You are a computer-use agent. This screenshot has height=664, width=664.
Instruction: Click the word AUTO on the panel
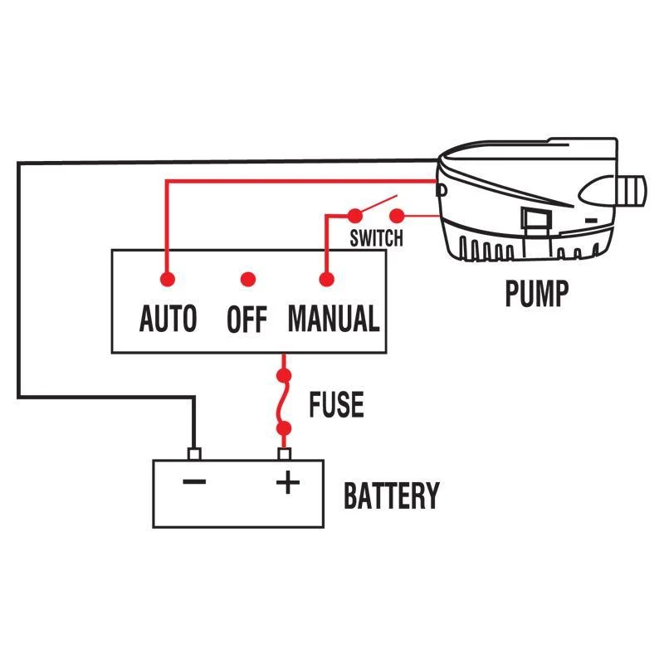(168, 319)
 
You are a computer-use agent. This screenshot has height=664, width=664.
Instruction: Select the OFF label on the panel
(247, 320)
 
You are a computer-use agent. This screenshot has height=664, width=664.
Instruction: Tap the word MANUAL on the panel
(333, 319)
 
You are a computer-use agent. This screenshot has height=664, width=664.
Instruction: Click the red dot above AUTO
(168, 279)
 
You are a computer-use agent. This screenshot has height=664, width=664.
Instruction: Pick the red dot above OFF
(247, 279)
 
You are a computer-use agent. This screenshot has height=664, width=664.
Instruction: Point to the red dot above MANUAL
(325, 279)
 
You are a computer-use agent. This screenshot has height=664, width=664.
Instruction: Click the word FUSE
(336, 405)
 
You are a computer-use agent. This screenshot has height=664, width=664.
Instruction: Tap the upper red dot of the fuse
(285, 376)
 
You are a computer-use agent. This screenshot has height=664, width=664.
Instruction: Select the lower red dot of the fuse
(285, 429)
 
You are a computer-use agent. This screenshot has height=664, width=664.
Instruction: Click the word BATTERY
(391, 496)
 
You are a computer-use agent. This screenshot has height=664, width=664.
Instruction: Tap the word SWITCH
(376, 239)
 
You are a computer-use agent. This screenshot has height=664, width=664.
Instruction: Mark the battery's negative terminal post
(194, 454)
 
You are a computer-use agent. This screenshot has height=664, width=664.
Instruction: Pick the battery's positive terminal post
(285, 454)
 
